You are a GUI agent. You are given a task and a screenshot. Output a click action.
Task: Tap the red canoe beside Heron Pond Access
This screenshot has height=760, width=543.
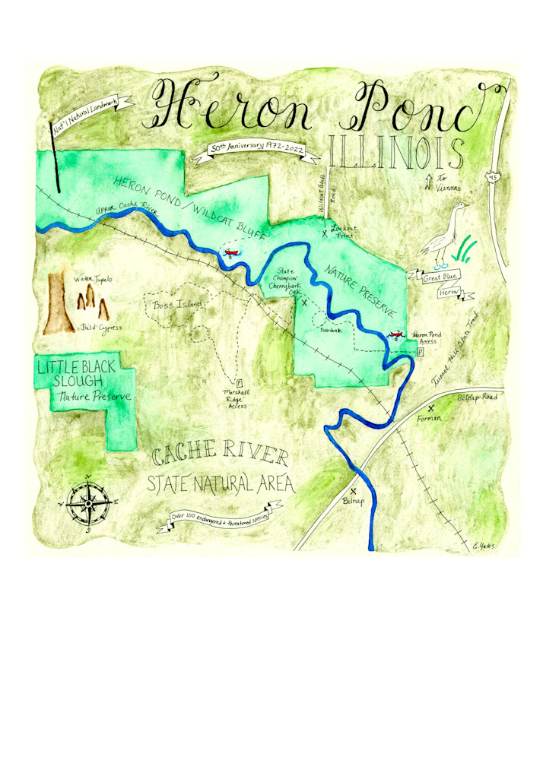395,334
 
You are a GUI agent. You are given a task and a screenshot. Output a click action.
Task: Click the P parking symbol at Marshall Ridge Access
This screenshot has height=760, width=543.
239,383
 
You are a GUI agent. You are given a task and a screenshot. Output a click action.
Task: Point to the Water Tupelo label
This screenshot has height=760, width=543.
93,280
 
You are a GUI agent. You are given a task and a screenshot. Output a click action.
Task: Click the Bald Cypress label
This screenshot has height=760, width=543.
102,328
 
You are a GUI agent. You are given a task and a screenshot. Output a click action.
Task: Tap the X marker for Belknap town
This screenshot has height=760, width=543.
354,491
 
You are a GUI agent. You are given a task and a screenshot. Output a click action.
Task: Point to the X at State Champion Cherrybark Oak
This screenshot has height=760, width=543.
305,302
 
